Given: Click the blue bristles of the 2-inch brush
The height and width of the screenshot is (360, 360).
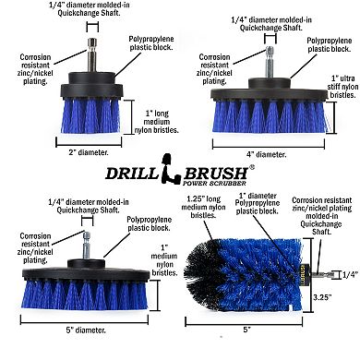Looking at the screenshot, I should click(x=90, y=115).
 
